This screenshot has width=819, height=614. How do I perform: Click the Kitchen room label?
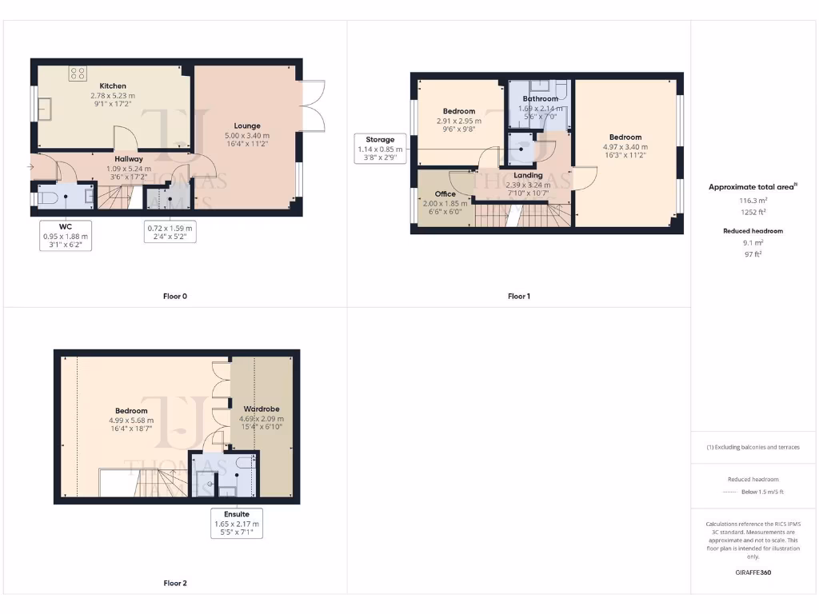point(113,86)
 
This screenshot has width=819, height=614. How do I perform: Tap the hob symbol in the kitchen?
point(78,74)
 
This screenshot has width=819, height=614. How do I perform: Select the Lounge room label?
point(247,126)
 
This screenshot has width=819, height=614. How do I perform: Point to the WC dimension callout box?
point(66,236)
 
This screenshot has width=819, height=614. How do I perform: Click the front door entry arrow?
point(30,166)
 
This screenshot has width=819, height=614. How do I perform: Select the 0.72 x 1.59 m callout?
point(169,232)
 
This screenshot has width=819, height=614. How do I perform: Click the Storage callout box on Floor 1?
point(380,149)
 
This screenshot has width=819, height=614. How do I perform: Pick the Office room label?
point(445,193)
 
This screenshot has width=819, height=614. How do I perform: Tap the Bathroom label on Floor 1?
point(540,99)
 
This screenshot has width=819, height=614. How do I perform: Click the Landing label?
point(528,175)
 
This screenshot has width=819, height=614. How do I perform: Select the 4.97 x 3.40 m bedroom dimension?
point(625,147)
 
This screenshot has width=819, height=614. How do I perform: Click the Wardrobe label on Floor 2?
point(261,409)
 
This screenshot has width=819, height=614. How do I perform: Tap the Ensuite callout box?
point(236,523)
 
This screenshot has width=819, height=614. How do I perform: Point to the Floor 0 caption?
point(174,296)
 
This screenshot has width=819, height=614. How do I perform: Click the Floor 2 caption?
point(174,583)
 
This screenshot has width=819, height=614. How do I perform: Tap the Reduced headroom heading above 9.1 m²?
point(753,230)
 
